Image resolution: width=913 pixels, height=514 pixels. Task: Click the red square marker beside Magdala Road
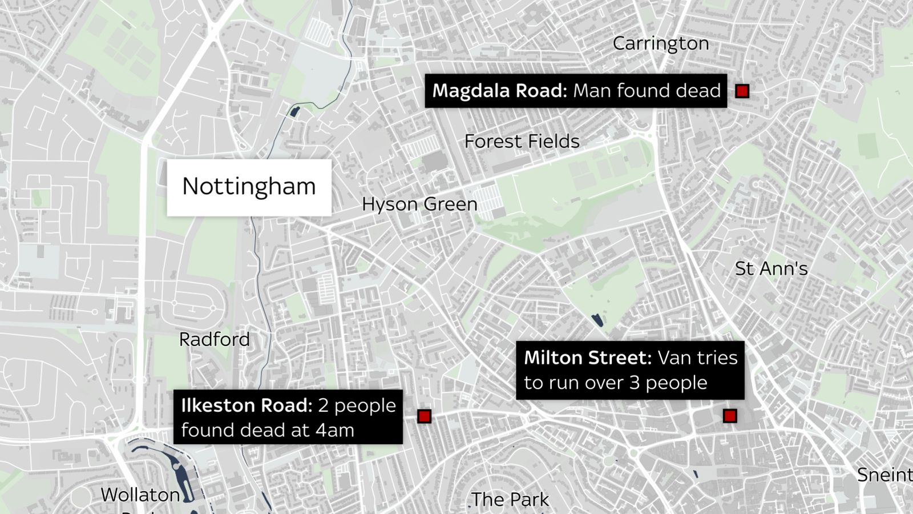coord(742,91)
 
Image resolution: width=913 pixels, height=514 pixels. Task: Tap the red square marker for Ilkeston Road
coord(424,416)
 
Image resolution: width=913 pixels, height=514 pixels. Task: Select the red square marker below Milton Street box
coord(729,416)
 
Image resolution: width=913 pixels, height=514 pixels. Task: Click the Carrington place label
coord(661,43)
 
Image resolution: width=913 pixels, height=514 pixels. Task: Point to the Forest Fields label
coord(522,141)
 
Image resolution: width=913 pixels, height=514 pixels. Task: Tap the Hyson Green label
coord(419,204)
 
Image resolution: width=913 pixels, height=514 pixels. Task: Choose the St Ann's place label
coord(771,268)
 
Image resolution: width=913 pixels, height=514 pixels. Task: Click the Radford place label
coord(215,339)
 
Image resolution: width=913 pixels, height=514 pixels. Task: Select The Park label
coord(510,500)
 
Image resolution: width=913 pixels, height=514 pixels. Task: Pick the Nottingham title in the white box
coord(249,186)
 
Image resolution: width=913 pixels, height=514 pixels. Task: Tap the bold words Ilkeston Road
coord(247,405)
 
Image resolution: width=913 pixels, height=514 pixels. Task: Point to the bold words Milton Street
coord(587,358)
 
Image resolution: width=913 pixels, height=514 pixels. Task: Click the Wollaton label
coord(140,495)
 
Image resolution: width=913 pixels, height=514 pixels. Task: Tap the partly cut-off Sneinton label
coord(885,475)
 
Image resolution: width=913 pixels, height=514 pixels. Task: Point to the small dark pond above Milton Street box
coord(597,320)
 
